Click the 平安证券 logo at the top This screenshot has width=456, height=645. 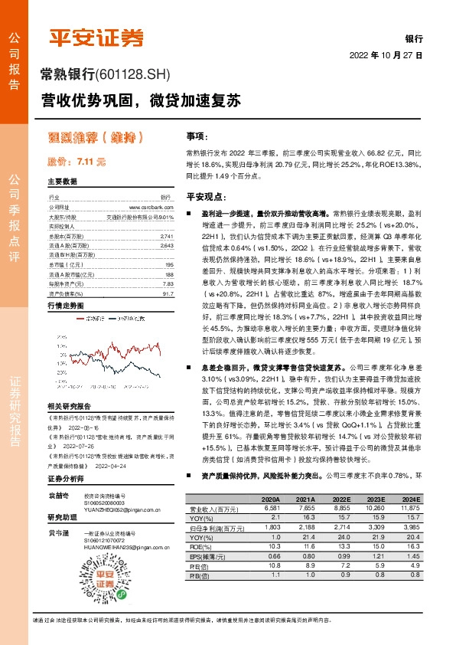[x=96, y=36]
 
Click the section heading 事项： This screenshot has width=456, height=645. [x=197, y=136]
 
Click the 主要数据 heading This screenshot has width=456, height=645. [x=63, y=182]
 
